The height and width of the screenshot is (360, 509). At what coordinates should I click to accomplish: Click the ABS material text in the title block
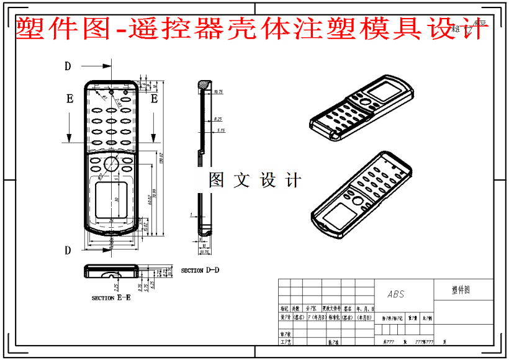click(395, 294)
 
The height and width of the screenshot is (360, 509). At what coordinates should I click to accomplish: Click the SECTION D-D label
click(200, 270)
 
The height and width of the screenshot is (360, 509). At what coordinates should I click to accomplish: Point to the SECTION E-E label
click(111, 298)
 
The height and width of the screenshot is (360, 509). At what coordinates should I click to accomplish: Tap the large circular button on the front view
click(111, 164)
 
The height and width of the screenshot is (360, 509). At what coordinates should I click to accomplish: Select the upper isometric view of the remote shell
click(360, 109)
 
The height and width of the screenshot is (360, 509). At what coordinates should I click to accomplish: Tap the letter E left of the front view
click(70, 98)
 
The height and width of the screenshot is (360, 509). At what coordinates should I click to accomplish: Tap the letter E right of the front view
click(155, 98)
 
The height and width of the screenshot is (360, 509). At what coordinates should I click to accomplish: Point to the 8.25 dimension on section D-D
click(218, 119)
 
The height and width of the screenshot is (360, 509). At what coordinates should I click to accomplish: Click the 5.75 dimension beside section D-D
click(220, 130)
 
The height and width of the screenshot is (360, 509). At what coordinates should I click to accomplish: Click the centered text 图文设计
click(254, 180)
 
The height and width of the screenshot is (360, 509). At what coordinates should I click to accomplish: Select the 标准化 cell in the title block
click(330, 317)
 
